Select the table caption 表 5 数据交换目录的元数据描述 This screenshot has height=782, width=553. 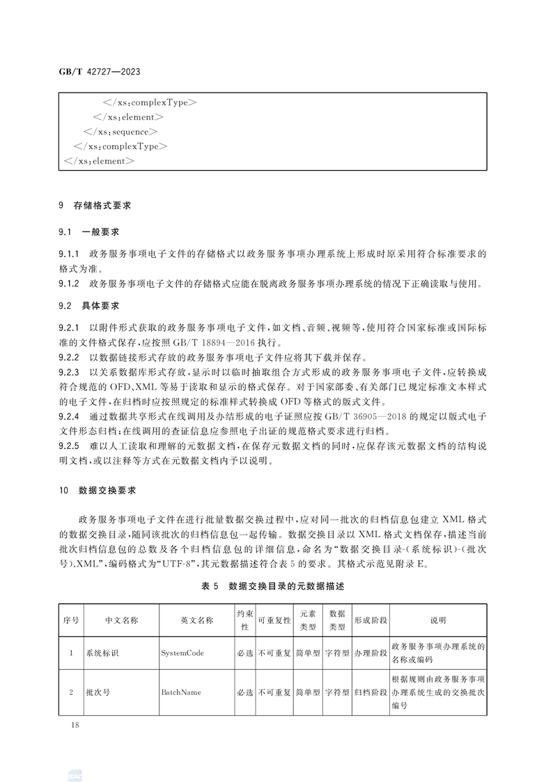[272, 587]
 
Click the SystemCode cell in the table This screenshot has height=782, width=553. [182, 654]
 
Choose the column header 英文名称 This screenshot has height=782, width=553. [196, 620]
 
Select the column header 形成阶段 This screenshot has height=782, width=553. [371, 620]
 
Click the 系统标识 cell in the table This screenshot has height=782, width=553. [102, 654]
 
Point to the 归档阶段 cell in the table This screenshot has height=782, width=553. [371, 693]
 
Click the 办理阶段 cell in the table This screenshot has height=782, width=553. [371, 654]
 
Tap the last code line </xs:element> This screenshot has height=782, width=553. [98, 161]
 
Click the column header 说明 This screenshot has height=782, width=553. [437, 620]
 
